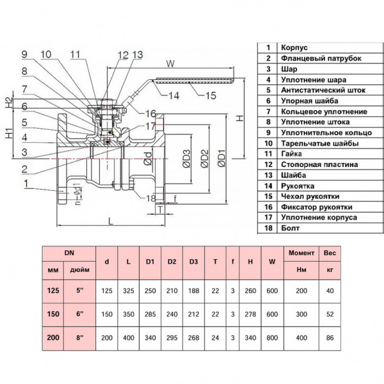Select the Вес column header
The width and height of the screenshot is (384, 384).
pyautogui.click(x=330, y=254)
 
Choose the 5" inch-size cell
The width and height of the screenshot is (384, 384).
pyautogui.click(x=79, y=291)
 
